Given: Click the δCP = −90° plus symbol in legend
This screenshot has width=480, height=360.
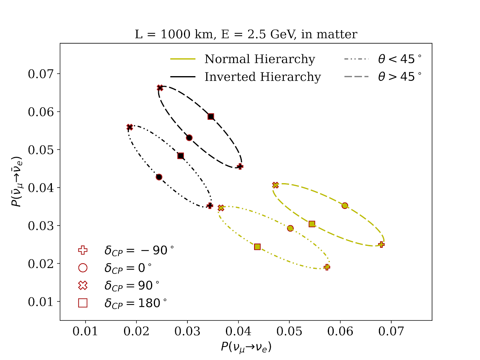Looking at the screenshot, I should pos(82,250).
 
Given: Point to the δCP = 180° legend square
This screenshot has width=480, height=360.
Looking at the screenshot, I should pos(82,303).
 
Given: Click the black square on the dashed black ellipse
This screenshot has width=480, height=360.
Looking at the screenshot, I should pos(211,117).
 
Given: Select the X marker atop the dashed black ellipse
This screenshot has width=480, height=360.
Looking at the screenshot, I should pos(160,88).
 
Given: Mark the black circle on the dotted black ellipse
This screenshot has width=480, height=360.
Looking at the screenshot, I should pos(159,177).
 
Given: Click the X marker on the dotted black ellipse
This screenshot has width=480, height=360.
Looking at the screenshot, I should pos(130,127).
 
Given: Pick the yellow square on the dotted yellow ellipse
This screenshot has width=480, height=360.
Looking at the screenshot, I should pos(257,247).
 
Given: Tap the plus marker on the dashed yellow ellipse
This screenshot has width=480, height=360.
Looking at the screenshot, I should pos(381,244).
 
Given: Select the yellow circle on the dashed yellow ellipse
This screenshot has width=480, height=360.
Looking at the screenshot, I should pos(345,205).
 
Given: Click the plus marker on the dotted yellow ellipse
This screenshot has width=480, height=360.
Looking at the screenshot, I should pos(327,267).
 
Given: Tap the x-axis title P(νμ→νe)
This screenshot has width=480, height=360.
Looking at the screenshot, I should pos(246,347).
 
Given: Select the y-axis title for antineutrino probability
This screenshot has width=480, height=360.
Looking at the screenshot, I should pos(16,181).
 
